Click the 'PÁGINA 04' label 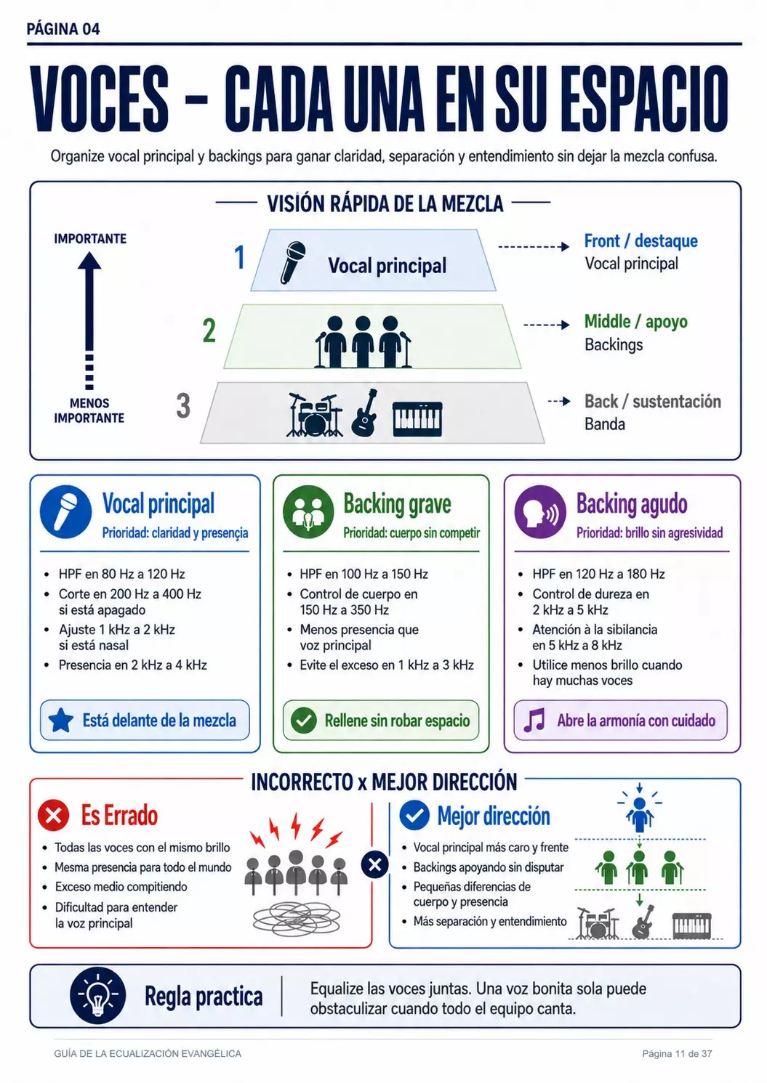[x=63, y=29]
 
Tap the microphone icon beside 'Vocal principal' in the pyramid [x=293, y=262]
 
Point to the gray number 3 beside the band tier [x=183, y=405]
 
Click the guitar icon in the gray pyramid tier [x=364, y=413]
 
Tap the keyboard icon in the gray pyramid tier [x=417, y=419]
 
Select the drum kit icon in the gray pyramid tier [x=315, y=415]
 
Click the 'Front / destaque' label [x=640, y=240]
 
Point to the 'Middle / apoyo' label [x=636, y=322]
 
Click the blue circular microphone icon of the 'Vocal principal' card [x=66, y=512]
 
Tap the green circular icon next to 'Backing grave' [x=308, y=512]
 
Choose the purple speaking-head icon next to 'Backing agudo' [x=540, y=512]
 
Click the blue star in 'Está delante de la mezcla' [x=61, y=720]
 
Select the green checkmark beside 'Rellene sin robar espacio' [x=304, y=721]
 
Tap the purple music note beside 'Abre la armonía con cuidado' [x=535, y=721]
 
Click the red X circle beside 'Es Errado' [x=53, y=815]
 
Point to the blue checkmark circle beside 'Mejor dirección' [x=414, y=815]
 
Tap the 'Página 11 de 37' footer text [x=677, y=1053]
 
